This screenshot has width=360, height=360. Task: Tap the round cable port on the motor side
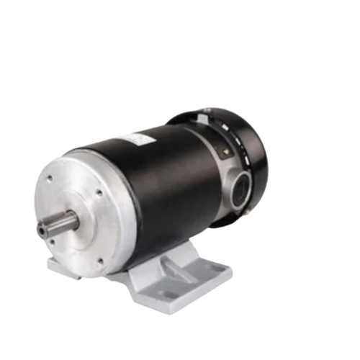pyautogui.click(x=235, y=180)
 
